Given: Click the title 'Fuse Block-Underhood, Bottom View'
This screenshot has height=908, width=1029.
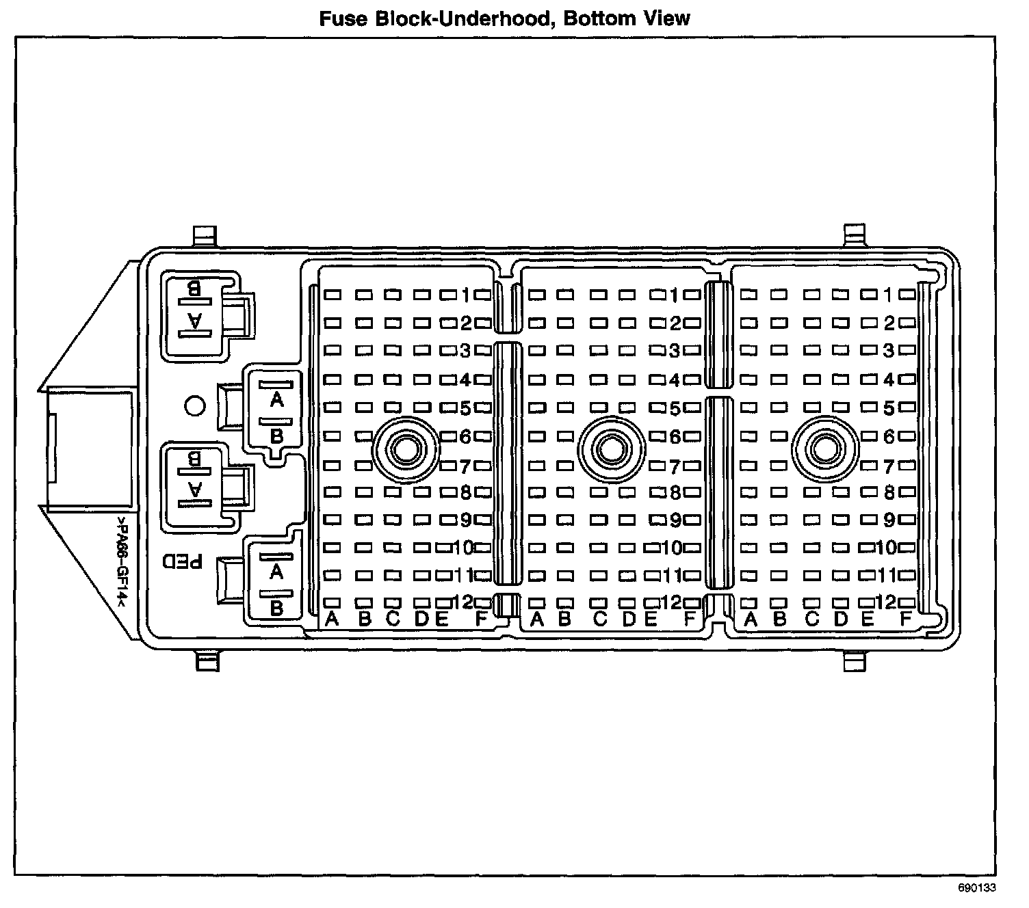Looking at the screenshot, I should tap(505, 18).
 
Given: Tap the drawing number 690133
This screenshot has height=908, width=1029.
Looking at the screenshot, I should tap(976, 889).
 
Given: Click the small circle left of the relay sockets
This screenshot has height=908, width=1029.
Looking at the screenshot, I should tap(195, 406).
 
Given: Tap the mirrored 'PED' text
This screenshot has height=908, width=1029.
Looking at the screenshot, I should tap(183, 562).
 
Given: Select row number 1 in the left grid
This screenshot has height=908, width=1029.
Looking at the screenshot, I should tap(465, 295).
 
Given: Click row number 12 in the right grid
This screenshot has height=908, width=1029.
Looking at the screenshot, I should tap(886, 602).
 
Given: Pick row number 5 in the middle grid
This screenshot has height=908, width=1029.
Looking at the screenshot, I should tap(675, 409).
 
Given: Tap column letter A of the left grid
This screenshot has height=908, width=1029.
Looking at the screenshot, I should tap(333, 620).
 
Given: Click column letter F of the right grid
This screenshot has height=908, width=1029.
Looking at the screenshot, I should tap(906, 620).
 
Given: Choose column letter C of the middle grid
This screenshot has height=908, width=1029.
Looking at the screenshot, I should tap(600, 620).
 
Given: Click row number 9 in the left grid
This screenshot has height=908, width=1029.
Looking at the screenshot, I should tap(465, 520).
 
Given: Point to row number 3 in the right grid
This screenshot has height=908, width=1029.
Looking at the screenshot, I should tap(889, 351).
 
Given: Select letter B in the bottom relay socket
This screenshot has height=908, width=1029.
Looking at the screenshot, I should tap(276, 608).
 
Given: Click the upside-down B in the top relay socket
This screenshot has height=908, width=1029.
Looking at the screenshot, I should tap(194, 288).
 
